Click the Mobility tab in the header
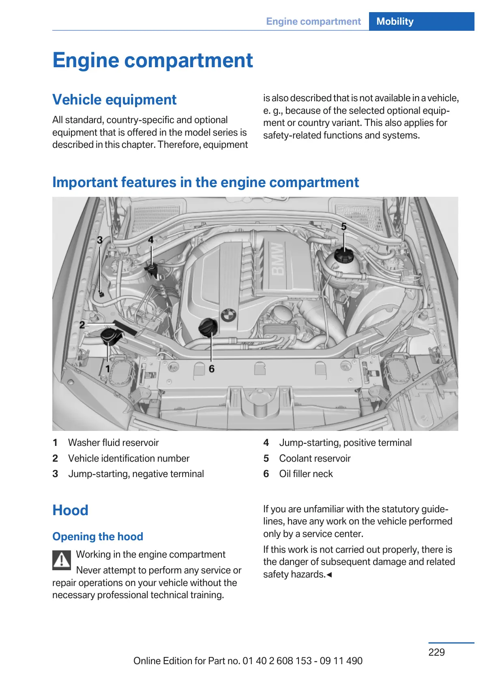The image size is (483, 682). (x=395, y=21)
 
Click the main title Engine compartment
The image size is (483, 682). (x=152, y=60)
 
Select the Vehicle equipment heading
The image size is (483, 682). (x=114, y=100)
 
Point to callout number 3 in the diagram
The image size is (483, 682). (x=100, y=240)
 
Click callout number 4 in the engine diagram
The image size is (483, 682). (x=150, y=240)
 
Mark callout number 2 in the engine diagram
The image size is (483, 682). (x=82, y=324)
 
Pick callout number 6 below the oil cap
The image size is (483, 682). (x=211, y=369)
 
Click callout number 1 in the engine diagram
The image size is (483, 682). (x=107, y=369)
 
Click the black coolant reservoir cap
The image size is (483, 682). (x=343, y=256)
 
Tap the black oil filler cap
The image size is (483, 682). (x=208, y=327)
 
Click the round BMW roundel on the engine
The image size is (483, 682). (x=229, y=315)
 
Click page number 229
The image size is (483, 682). (x=436, y=652)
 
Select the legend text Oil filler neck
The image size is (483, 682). (x=306, y=474)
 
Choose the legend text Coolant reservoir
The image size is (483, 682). (x=315, y=458)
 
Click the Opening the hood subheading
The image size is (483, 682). (x=98, y=537)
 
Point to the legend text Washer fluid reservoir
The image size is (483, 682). (x=113, y=443)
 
